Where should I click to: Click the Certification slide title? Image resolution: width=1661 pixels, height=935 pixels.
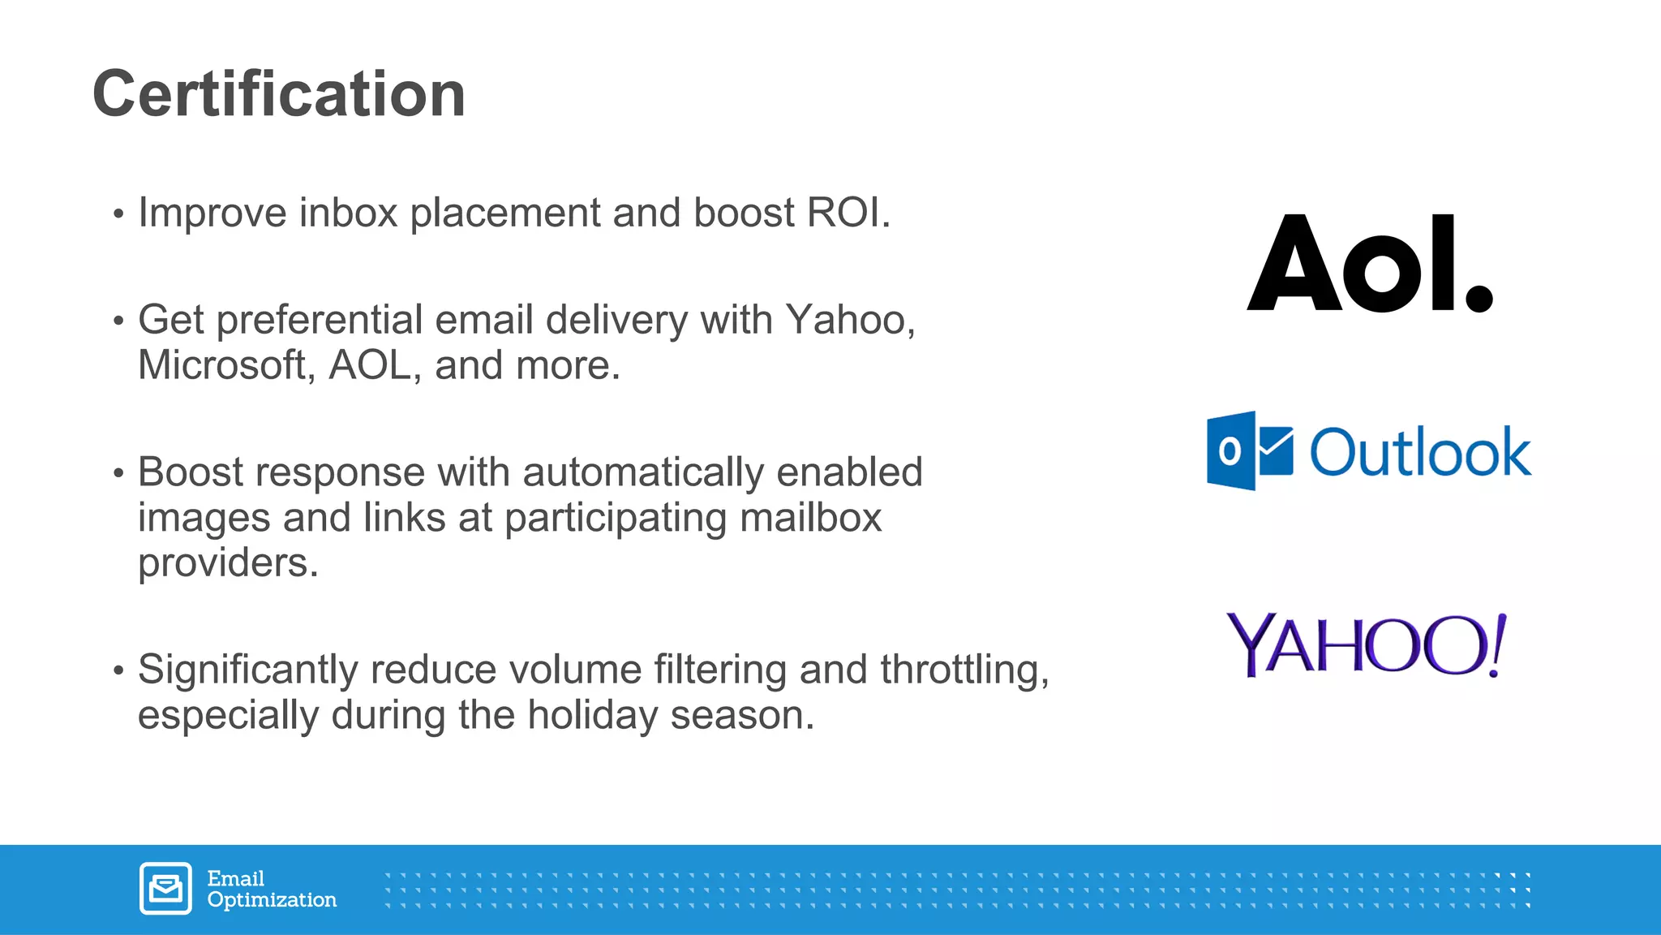[x=279, y=94]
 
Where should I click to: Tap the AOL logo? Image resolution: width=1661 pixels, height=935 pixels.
[x=1369, y=263]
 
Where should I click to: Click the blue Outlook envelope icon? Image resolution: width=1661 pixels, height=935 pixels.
[x=1249, y=451]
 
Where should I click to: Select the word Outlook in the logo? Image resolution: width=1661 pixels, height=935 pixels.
[x=1420, y=451]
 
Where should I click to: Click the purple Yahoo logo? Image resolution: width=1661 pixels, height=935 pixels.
[x=1366, y=644]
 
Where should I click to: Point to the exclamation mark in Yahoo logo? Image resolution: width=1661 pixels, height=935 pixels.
[x=1497, y=644]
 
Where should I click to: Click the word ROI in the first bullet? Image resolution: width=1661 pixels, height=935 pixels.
[x=844, y=213]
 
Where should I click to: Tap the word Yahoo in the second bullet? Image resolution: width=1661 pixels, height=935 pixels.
[x=845, y=320]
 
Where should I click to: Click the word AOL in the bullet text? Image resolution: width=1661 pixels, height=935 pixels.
[x=370, y=365]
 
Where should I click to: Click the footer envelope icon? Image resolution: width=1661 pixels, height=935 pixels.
[x=165, y=889]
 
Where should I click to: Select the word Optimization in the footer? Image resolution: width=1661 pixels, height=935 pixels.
[x=272, y=900]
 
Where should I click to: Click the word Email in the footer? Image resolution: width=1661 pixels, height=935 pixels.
[x=235, y=879]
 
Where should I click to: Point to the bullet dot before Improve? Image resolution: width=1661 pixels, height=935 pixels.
[x=119, y=215]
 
